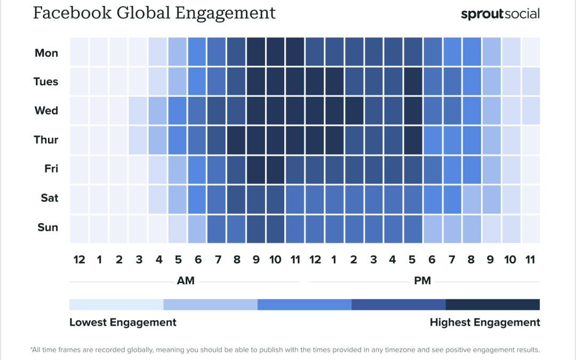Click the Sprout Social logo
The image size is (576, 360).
(500, 14)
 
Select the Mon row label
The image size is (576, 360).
(46, 53)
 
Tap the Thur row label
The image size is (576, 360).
(46, 140)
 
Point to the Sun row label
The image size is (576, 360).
(47, 227)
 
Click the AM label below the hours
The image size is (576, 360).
(185, 281)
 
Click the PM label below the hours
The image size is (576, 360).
(422, 281)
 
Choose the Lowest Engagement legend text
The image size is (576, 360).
(123, 322)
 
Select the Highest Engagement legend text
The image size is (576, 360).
(485, 322)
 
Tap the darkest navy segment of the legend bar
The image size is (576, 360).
(492, 305)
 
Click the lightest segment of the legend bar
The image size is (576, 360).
(116, 305)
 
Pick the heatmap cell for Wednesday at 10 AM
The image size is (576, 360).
(276, 111)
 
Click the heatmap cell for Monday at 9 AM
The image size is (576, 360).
(256, 53)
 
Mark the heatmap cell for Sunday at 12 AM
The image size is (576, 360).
(79, 228)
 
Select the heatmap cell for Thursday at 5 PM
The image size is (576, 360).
(413, 140)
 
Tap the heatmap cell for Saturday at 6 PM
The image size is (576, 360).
(433, 198)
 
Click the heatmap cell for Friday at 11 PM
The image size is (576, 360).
(531, 169)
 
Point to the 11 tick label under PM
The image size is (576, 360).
(530, 260)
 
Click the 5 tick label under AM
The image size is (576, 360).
(178, 260)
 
